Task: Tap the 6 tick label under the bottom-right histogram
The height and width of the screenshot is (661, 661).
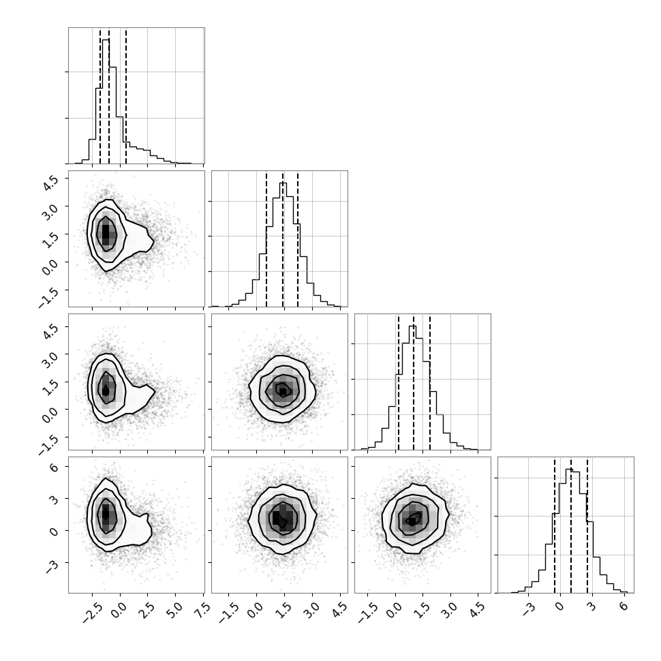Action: (x=624, y=606)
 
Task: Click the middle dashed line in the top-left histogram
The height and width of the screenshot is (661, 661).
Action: (x=109, y=95)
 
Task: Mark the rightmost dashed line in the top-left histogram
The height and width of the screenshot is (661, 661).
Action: (x=126, y=95)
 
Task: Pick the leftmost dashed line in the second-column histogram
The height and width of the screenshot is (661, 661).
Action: (x=266, y=239)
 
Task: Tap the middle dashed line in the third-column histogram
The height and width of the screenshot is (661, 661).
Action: (x=414, y=382)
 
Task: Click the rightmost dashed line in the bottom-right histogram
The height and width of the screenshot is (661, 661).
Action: (x=587, y=525)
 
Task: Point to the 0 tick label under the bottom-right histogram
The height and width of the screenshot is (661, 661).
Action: (x=560, y=606)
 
